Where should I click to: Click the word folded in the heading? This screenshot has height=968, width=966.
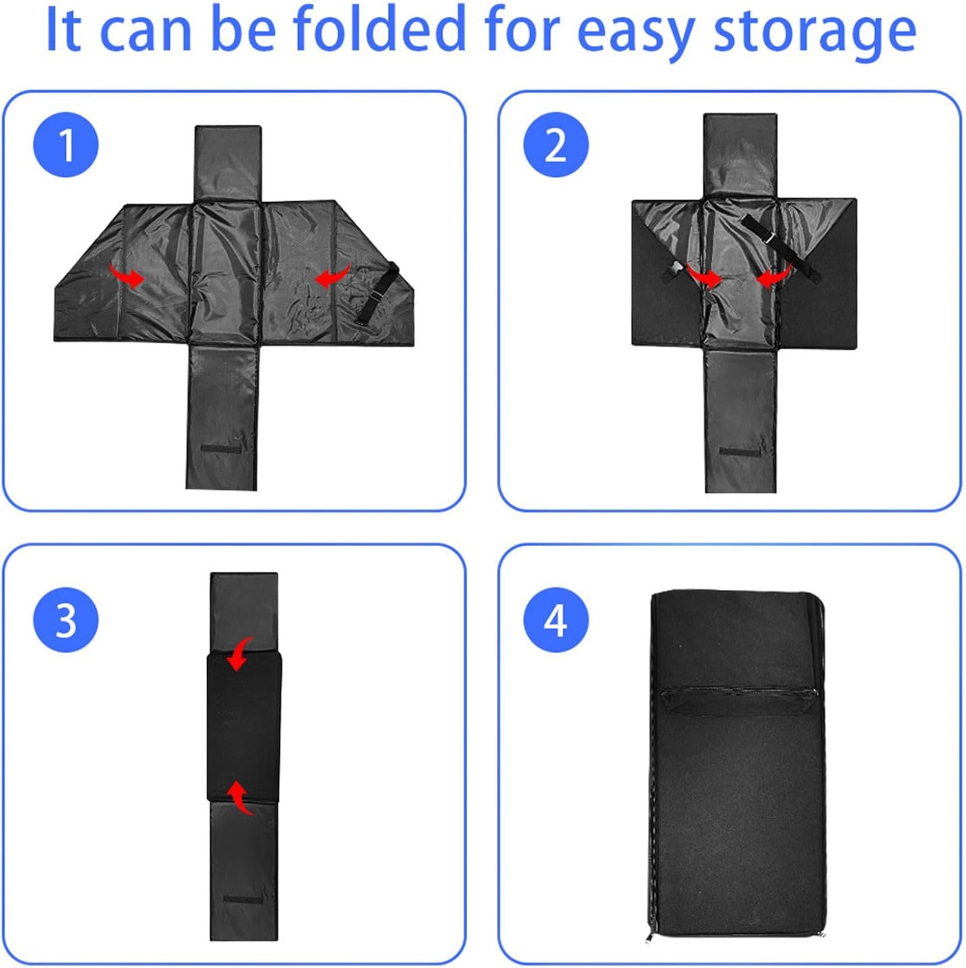379,29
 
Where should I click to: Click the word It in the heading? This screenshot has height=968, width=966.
64,29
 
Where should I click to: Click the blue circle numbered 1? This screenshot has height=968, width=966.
66,145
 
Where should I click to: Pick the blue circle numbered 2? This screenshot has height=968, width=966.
556,145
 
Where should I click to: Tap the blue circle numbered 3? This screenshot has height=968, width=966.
66,620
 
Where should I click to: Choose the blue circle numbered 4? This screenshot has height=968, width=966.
556,620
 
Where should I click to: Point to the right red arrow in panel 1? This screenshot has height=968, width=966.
332,276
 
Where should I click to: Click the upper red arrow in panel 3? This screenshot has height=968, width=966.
240,653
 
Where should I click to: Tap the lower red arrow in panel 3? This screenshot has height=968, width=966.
240,798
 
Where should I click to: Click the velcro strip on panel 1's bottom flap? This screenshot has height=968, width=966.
221,448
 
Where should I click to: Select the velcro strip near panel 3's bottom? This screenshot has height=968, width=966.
243,899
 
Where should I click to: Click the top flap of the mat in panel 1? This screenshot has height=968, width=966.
228,163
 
